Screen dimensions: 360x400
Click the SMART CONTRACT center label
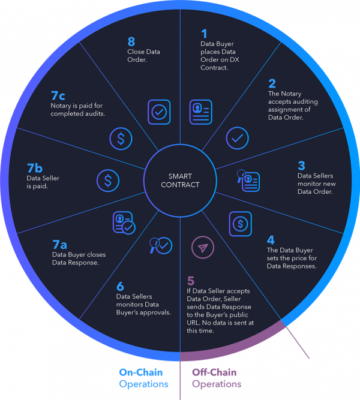180,181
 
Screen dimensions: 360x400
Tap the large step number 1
204,34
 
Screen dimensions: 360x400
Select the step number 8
131,41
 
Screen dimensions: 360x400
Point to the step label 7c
58,96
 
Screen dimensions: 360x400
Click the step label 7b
35,168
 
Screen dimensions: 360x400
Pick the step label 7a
60,245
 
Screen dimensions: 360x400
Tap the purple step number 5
191,281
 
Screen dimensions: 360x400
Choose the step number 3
302,166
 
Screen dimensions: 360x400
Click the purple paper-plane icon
203,248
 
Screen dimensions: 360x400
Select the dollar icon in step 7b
108,181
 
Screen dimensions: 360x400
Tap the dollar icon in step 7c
121,139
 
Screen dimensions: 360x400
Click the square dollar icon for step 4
240,224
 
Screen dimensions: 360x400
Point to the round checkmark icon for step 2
237,138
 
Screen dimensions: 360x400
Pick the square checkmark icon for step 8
159,112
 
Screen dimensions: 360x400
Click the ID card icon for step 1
200,112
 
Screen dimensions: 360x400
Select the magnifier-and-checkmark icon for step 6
161,245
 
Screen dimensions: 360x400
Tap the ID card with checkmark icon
124,222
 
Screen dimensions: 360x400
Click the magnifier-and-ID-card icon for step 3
248,181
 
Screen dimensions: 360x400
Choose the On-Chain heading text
140,372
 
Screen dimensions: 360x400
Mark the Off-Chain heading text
214,372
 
